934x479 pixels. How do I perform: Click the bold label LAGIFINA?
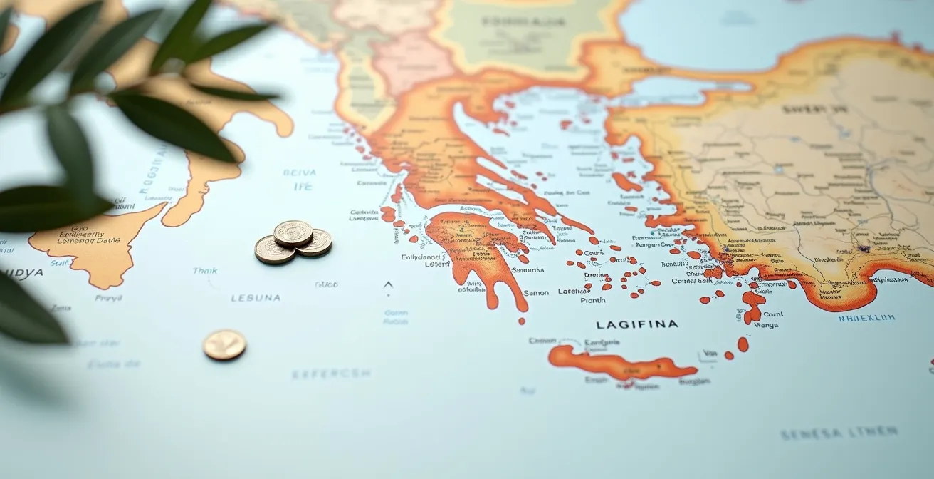coord(636,324)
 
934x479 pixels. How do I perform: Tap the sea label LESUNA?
coord(256,298)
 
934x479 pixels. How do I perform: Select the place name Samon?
coord(535,292)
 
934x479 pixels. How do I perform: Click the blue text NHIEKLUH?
coord(866,318)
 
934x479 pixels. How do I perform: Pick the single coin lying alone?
coord(224,345)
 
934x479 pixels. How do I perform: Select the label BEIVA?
coord(299,172)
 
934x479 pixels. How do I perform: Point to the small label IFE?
coord(303,187)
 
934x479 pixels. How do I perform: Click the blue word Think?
coord(205,271)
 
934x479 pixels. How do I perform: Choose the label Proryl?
coord(108,298)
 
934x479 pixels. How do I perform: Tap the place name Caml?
coord(772,314)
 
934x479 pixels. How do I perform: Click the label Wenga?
coord(766,325)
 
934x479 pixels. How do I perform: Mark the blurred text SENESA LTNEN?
coord(838,433)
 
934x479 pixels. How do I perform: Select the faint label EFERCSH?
coord(331,373)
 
